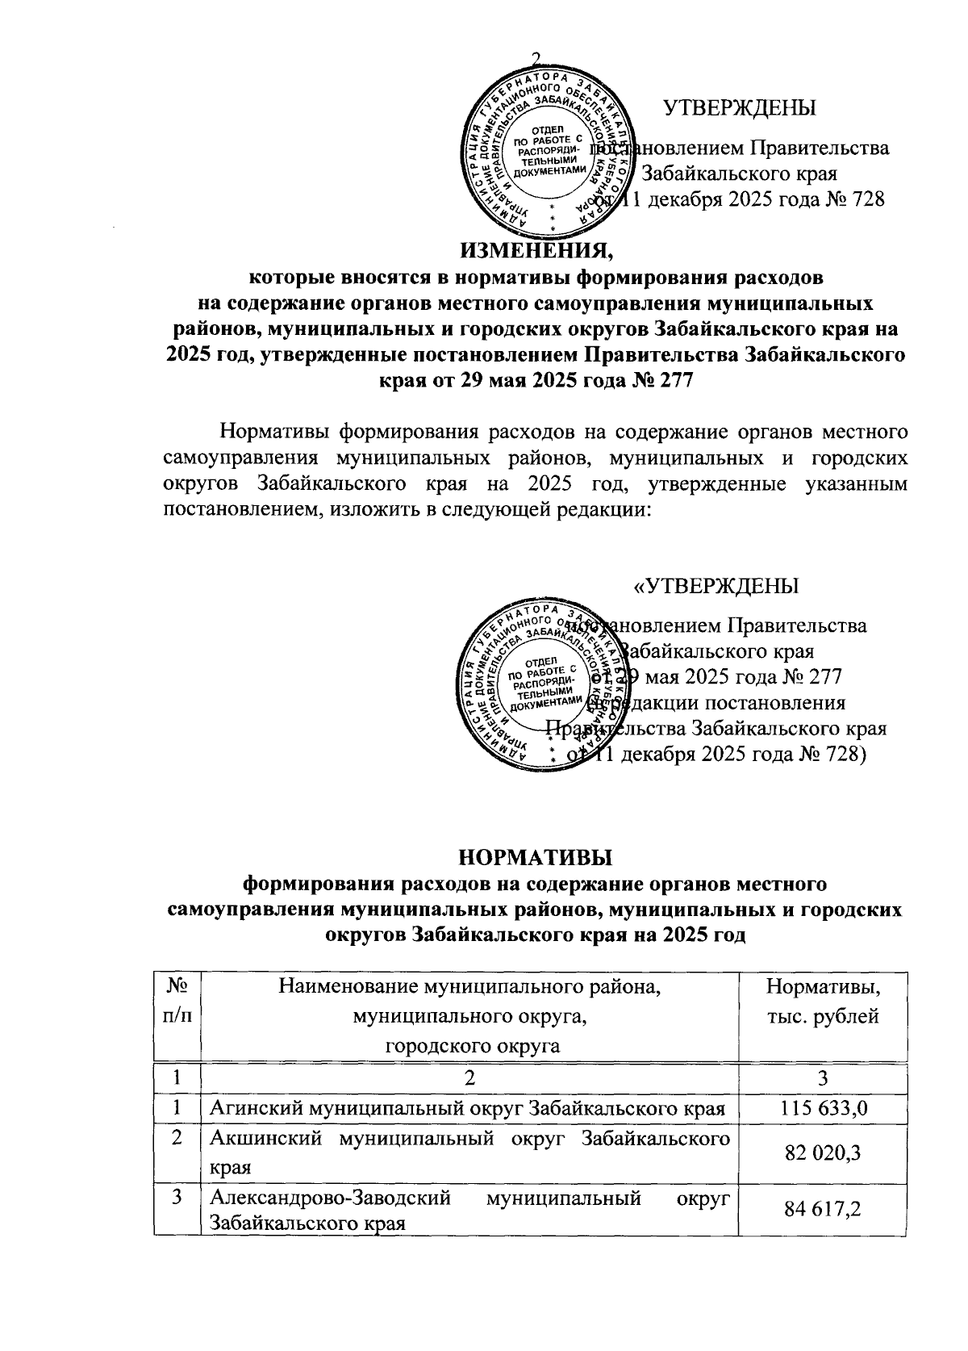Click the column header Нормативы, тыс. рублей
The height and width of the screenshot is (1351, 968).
point(822,1002)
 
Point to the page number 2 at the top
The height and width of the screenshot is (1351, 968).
point(535,57)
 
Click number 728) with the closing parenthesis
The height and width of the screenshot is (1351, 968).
point(844,755)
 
